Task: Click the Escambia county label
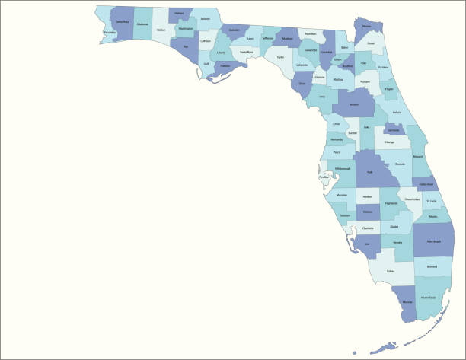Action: [x=110, y=33]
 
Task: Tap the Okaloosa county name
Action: [x=142, y=25]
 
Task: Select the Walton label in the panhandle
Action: [x=161, y=30]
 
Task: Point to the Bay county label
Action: [x=185, y=46]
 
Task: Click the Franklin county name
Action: [x=225, y=66]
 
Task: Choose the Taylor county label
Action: [x=280, y=57]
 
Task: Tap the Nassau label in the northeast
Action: [x=367, y=27]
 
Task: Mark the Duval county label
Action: [x=370, y=43]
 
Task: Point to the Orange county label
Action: [x=391, y=142]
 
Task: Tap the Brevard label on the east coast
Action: [x=417, y=157]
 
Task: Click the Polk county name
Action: [x=369, y=173]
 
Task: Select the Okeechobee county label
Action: [x=411, y=199]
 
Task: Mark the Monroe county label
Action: [x=407, y=302]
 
